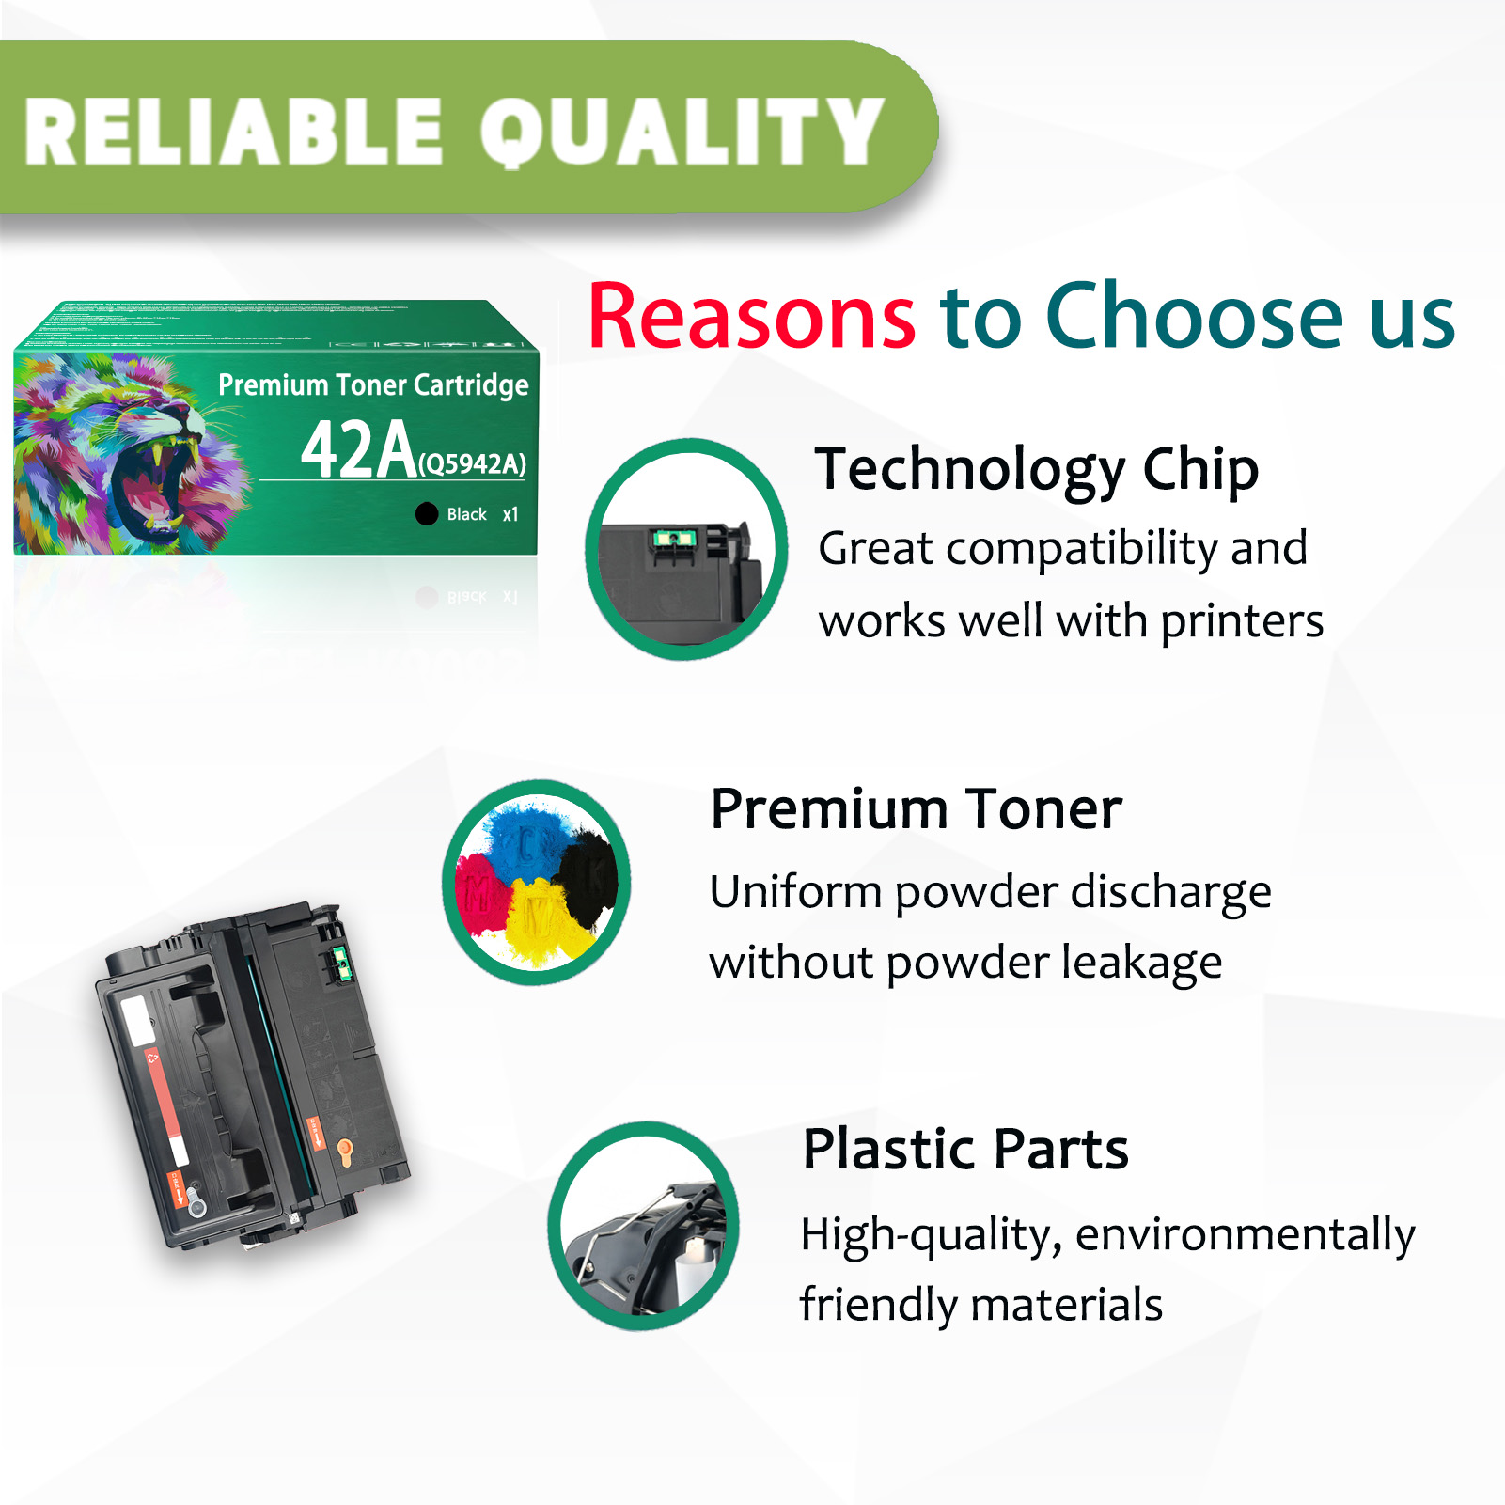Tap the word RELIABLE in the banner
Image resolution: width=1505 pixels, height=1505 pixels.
pos(233,132)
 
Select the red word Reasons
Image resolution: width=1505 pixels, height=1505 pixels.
pos(751,317)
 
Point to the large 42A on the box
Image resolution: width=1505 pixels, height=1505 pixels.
pos(358,449)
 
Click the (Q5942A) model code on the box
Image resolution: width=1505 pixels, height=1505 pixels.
pos(472,463)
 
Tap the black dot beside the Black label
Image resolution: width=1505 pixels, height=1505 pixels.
pos(427,513)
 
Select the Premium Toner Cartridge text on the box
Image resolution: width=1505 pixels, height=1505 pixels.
pos(373,384)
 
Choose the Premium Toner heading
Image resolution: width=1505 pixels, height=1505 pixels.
pos(916,808)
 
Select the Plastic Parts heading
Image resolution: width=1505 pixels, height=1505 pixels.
pos(965,1149)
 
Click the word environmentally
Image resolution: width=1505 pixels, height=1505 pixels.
pos(1245,1234)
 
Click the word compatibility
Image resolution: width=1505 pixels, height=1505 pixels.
pos(1081,548)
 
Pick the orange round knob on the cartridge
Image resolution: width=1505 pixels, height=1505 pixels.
pos(345,1149)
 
